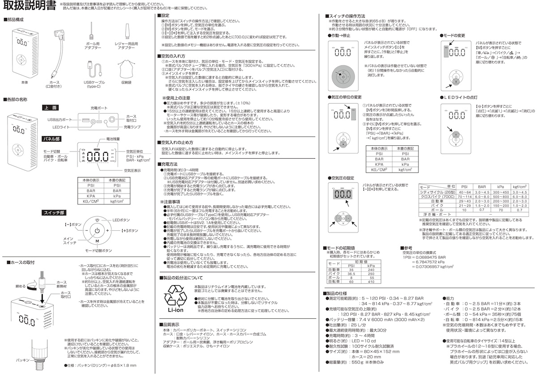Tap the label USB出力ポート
59,120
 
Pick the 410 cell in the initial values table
371,282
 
